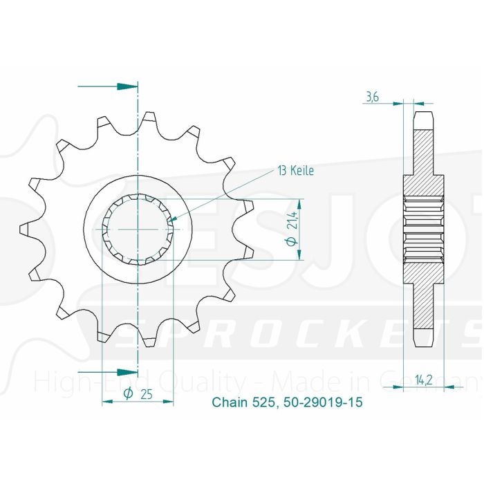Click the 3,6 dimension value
(371, 97)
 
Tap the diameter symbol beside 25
(129, 394)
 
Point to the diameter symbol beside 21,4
(293, 241)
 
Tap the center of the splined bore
(138, 227)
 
